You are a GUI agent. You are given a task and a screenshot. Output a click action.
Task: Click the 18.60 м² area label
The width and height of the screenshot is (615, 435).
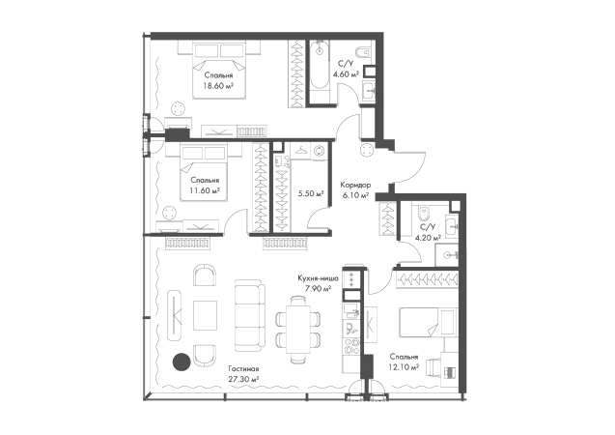pos(218,86)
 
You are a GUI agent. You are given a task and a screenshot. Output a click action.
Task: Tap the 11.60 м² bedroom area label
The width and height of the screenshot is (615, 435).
pos(205,190)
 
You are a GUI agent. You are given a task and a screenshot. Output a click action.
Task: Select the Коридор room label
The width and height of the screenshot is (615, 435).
pos(355,185)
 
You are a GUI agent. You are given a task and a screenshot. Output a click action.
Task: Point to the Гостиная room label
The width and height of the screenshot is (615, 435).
pos(243,369)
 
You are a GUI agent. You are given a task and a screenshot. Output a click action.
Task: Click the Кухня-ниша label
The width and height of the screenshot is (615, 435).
pos(318,278)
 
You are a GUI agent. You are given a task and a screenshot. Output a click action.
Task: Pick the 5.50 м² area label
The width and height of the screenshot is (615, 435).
pos(311,193)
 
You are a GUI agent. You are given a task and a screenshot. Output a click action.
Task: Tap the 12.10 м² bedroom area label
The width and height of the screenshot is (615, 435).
pos(404,367)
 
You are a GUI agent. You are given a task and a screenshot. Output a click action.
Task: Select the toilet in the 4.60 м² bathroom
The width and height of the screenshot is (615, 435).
pos(362,52)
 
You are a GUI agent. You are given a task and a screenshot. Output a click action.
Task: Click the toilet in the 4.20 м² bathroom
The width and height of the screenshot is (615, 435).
pos(424,214)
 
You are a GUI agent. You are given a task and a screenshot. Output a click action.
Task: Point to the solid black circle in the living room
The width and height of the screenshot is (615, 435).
pos(182,362)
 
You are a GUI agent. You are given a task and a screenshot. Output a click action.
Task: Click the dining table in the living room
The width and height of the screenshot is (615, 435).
pos(298,329)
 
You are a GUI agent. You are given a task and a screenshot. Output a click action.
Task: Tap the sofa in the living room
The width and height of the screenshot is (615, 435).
pos(249,315)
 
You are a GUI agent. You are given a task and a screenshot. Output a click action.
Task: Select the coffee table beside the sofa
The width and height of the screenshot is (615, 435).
pos(205,315)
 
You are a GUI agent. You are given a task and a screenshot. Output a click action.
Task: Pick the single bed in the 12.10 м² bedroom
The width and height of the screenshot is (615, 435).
pos(429,322)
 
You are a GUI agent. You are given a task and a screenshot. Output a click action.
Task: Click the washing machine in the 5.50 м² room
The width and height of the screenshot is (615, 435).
pos(318,151)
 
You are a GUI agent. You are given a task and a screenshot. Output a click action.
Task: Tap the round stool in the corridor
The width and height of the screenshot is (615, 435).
pos(368,151)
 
